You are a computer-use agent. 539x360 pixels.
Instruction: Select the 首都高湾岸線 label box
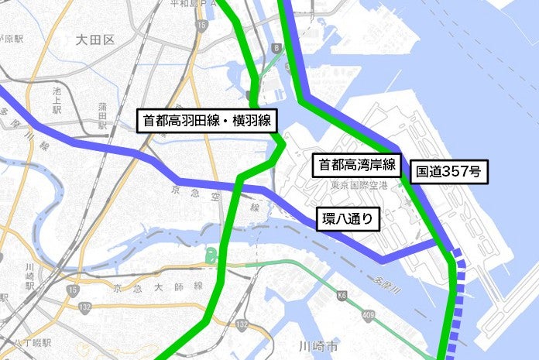pos(355,163)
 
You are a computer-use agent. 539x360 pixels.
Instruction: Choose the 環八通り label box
pos(349,220)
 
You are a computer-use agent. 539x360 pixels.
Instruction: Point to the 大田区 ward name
pos(96,39)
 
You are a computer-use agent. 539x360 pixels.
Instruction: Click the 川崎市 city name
pos(318,348)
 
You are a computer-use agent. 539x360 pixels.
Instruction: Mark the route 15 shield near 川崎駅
pos(72,290)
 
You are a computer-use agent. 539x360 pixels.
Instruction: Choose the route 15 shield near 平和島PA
pos(201,26)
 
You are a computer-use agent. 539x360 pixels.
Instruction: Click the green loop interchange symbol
pos(210,255)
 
